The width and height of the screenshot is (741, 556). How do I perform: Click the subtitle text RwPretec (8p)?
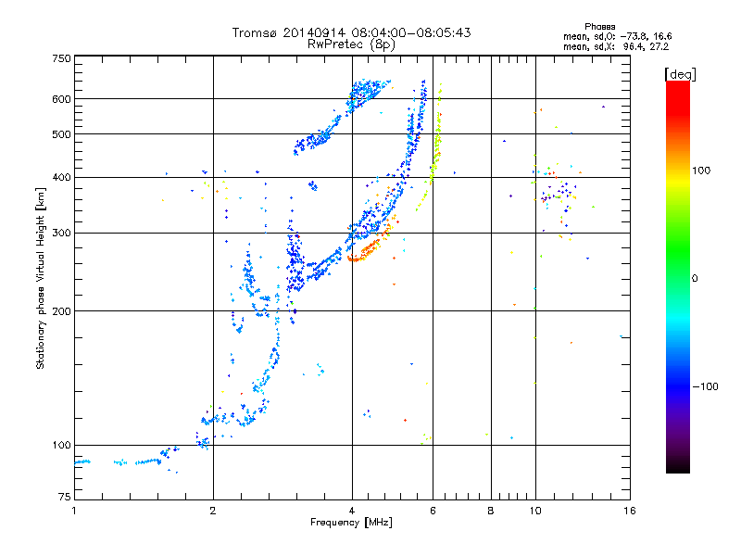351,44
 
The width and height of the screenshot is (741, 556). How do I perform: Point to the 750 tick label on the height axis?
61,58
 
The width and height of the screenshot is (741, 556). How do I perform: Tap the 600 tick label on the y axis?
61,99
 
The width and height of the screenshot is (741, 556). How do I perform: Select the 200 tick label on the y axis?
61,311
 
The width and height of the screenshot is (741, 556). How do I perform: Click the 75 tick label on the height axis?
65,497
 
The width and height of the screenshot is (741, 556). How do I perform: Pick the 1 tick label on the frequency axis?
74,511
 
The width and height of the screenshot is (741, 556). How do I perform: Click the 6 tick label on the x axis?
433,511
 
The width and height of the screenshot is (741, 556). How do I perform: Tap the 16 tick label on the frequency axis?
630,511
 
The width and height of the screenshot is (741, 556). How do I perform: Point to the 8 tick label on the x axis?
491,511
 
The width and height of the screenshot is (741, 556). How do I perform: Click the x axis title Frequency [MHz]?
351,523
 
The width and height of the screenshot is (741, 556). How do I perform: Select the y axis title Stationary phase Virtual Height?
41,278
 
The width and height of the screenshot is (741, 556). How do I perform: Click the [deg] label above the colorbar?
680,74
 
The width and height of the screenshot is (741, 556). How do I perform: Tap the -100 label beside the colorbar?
705,386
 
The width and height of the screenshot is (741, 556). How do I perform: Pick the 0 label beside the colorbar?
695,279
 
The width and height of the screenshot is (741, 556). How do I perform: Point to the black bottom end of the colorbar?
678,470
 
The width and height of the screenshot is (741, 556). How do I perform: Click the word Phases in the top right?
599,27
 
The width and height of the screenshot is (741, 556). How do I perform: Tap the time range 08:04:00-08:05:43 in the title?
411,32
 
